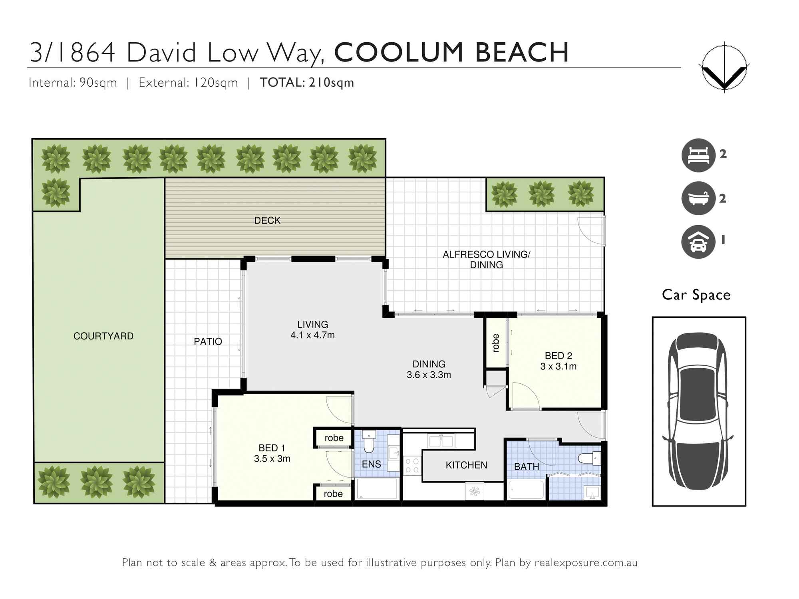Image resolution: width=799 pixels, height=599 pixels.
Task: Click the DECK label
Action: [x=267, y=220]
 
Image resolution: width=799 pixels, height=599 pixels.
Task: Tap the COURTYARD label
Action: [x=103, y=336]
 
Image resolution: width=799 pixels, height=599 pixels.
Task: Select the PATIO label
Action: [x=208, y=341]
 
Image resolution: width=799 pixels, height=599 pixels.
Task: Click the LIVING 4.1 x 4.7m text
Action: [x=312, y=330]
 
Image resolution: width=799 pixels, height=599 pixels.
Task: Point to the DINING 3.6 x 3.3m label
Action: [x=429, y=369]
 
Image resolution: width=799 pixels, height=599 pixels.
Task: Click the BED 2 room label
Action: [x=558, y=361]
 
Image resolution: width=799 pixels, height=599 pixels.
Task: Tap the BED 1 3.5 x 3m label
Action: [x=272, y=453]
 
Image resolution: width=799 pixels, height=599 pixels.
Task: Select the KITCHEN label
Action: [x=466, y=465]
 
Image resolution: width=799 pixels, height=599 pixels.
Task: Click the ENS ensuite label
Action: [x=371, y=464]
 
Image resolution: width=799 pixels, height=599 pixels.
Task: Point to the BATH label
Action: [x=526, y=466]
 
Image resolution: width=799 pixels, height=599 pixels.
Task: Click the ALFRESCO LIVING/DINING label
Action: [x=486, y=260]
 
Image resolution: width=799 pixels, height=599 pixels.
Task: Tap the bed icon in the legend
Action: [x=698, y=155]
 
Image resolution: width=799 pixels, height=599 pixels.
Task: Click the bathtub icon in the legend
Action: [x=698, y=198]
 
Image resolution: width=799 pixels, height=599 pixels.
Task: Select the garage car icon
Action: [x=698, y=242]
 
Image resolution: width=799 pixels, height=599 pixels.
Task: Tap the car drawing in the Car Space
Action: [x=698, y=411]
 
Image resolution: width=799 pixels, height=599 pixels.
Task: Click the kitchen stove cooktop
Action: [x=412, y=465]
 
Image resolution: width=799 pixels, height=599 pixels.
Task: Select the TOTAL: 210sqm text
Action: [x=307, y=83]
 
